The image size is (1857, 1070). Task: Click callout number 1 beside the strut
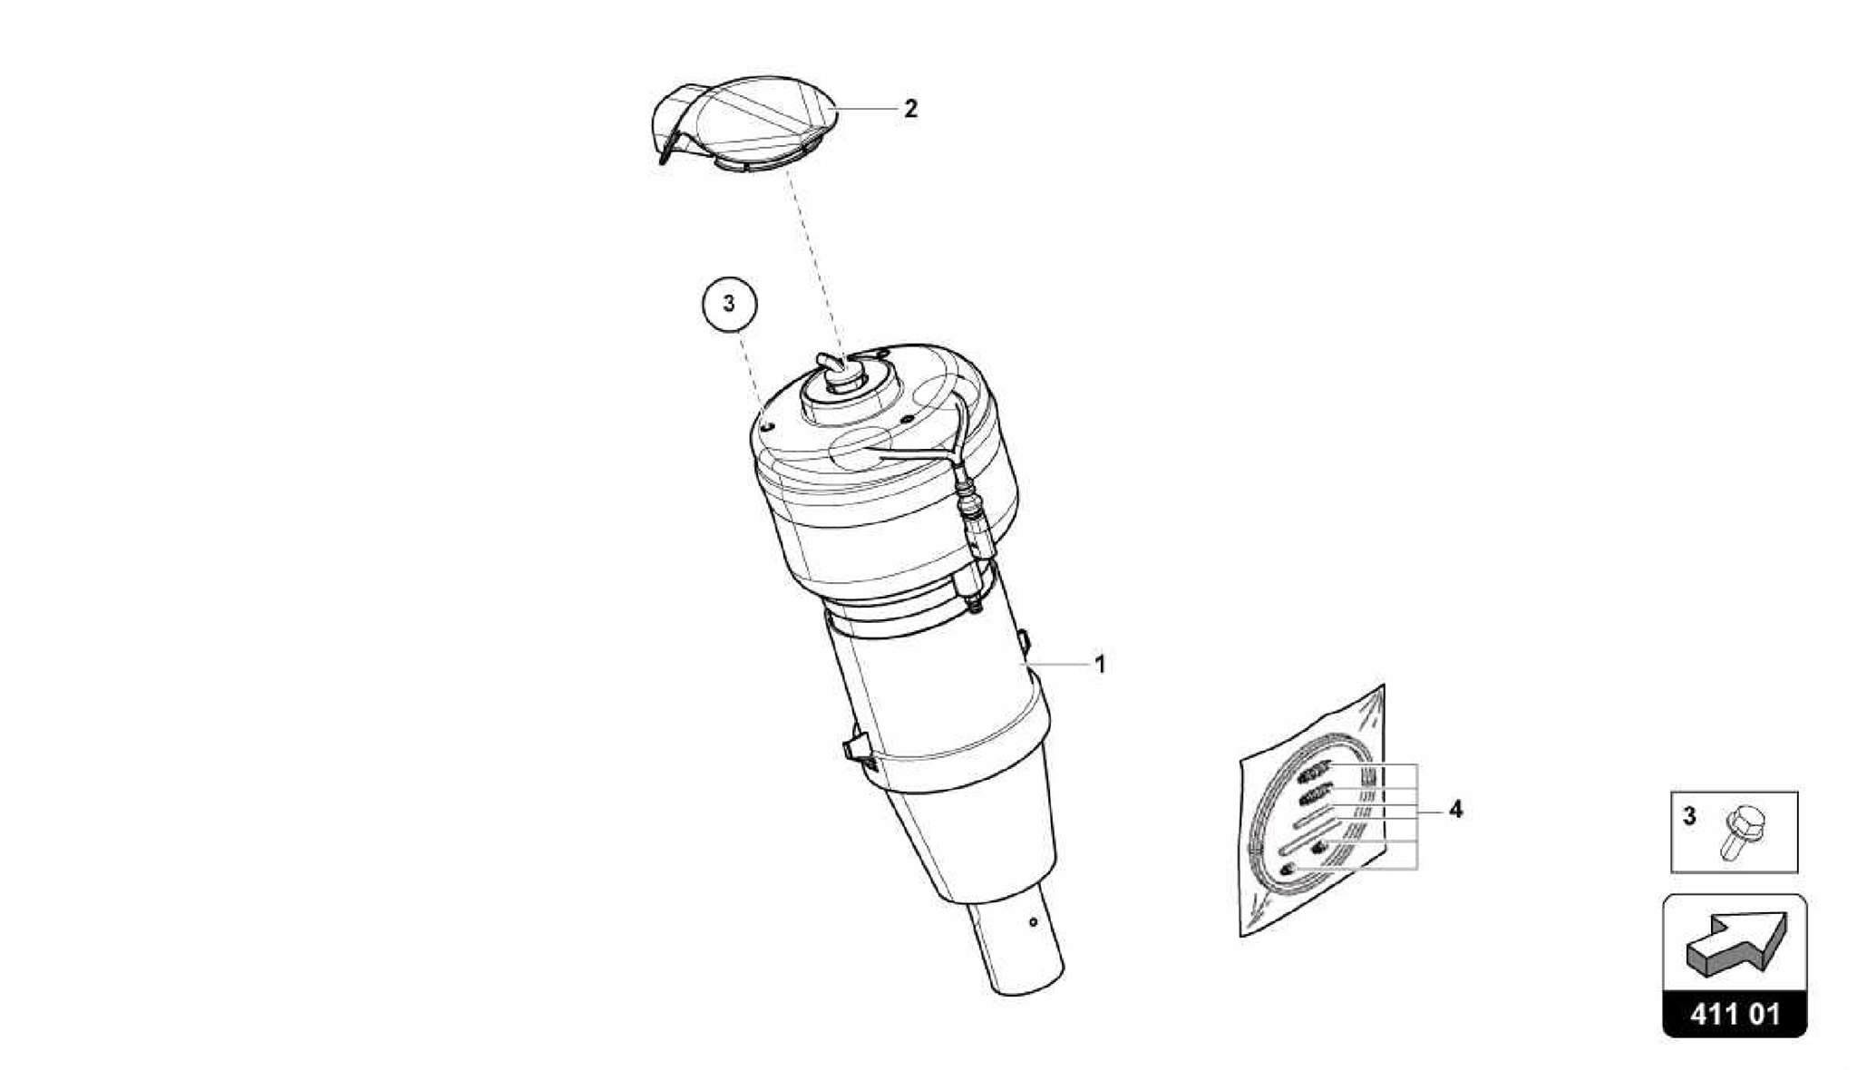coord(1100,665)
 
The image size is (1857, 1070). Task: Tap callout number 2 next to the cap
coord(910,109)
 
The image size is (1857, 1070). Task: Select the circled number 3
coord(729,303)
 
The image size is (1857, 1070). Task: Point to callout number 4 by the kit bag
coord(1455,809)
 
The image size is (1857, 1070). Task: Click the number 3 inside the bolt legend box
coord(1689,816)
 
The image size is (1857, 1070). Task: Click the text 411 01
coord(1735,1014)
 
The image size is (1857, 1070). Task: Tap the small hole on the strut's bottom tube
coord(1033,923)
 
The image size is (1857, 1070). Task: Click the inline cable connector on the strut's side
coord(974,517)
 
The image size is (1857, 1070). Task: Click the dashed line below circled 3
coord(751,375)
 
